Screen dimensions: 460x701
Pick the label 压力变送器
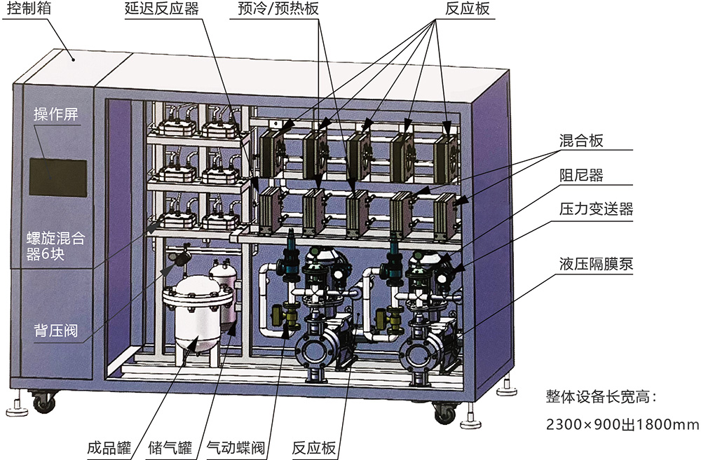596,209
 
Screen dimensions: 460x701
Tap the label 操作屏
56,115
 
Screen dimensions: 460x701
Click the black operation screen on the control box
58,177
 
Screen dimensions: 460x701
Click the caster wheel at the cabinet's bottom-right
444,414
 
